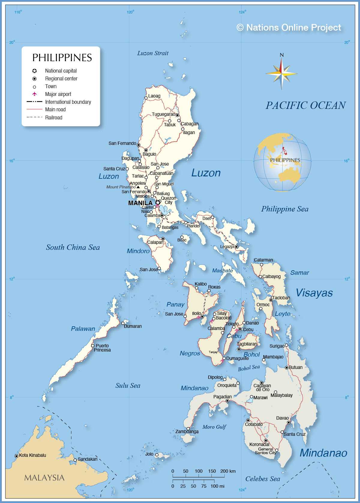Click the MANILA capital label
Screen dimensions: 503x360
click(x=140, y=203)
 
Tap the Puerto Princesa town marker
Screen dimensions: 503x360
click(x=93, y=346)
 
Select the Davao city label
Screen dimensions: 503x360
click(x=282, y=418)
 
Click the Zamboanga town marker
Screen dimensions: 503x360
click(x=188, y=429)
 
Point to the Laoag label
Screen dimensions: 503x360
click(x=154, y=96)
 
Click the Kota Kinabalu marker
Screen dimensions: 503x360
click(x=16, y=456)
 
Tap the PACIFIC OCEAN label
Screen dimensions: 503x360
click(x=305, y=105)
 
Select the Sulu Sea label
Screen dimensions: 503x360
click(x=128, y=386)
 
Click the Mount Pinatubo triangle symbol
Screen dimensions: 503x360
click(x=138, y=187)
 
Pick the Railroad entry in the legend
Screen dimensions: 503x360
click(x=54, y=118)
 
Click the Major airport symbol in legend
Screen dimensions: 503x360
click(x=34, y=94)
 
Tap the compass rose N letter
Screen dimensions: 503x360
click(x=281, y=55)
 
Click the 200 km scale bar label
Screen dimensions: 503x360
click(x=228, y=471)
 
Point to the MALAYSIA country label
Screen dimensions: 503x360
click(x=44, y=478)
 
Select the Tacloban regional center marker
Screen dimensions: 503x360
click(x=271, y=300)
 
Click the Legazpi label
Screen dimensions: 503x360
click(x=227, y=247)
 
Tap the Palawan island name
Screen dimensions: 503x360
click(x=83, y=329)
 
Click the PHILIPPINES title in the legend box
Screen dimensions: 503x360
click(x=62, y=58)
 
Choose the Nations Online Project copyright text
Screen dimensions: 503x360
click(x=289, y=28)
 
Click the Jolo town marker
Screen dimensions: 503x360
click(x=157, y=455)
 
